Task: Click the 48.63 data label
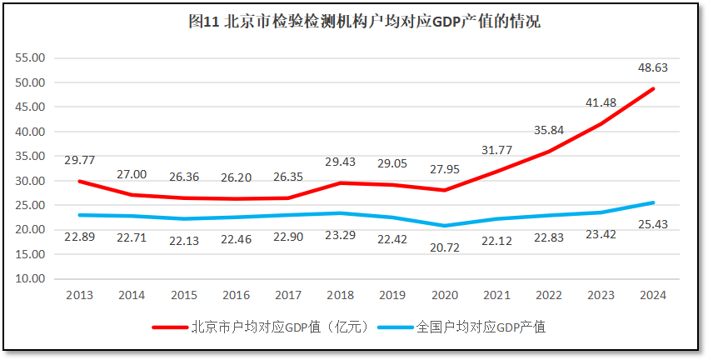(x=652, y=67)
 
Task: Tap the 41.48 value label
(x=601, y=102)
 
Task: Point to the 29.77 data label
(x=80, y=159)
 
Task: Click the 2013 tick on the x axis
(x=80, y=295)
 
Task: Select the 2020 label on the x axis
(x=445, y=295)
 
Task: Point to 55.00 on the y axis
(x=31, y=58)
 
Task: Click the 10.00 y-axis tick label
(x=31, y=279)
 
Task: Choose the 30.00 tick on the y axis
(x=31, y=181)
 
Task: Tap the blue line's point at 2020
(x=445, y=226)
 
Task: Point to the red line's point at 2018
(x=341, y=183)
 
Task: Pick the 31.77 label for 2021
(x=496, y=150)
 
